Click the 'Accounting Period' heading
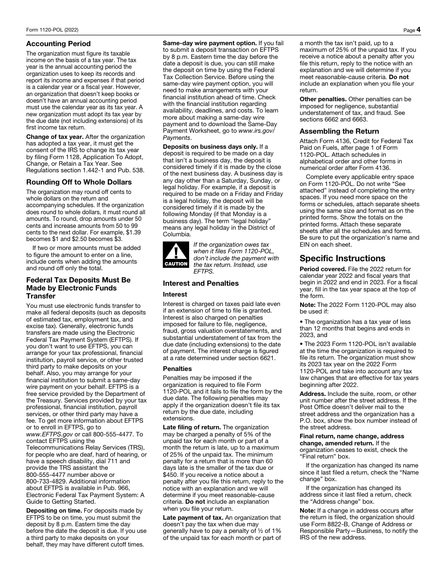click(58, 44)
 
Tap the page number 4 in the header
click(418, 30)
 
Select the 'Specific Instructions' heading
click(342, 258)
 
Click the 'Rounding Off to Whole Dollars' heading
click(79, 182)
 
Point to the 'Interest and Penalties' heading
click(200, 283)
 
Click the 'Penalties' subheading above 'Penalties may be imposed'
click(177, 369)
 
